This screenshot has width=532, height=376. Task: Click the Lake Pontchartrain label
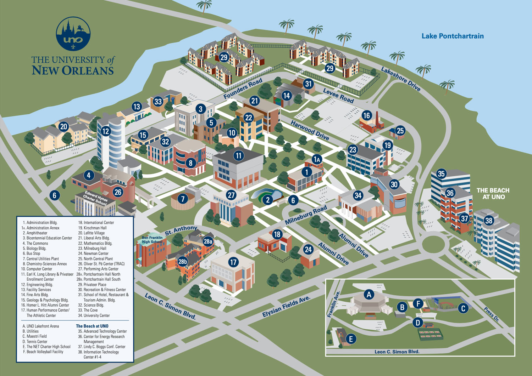click(452, 36)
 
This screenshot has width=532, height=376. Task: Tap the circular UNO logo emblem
click(73, 34)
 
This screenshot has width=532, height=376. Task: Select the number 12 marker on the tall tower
click(106, 131)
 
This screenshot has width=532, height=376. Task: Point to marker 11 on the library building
click(239, 156)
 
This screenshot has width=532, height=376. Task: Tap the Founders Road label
click(243, 89)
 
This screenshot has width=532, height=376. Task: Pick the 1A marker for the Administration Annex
click(317, 160)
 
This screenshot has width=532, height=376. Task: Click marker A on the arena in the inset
click(369, 294)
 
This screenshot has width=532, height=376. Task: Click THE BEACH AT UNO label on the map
click(493, 194)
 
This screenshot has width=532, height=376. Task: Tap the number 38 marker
click(489, 221)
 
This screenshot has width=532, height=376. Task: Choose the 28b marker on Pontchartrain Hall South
click(182, 262)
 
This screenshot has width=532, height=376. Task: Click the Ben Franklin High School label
click(152, 240)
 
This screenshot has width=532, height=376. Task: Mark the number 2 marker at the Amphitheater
click(268, 200)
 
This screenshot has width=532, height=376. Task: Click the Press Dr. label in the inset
click(492, 314)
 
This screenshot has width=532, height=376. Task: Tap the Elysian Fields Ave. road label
click(286, 307)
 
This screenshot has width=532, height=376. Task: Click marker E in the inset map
click(351, 339)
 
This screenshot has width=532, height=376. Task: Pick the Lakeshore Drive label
click(401, 79)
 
